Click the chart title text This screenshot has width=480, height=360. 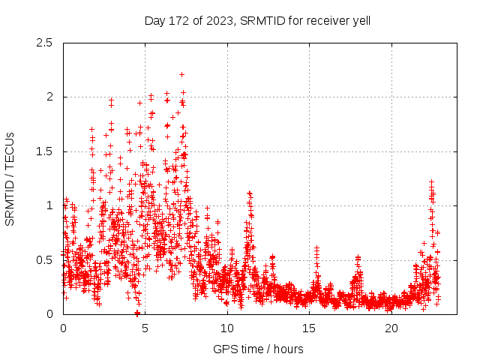257,20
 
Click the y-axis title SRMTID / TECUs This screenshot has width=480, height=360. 10,178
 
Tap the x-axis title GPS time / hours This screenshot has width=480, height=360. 257,349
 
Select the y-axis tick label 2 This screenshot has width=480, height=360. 49,97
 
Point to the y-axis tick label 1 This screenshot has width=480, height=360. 49,205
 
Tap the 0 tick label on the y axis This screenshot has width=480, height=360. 49,314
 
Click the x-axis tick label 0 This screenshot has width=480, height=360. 63,328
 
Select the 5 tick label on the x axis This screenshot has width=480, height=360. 145,328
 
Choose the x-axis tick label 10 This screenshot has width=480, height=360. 227,328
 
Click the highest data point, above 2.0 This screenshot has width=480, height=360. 182,74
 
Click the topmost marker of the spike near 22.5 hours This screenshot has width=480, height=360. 432,181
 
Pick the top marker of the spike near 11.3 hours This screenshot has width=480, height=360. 249,193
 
